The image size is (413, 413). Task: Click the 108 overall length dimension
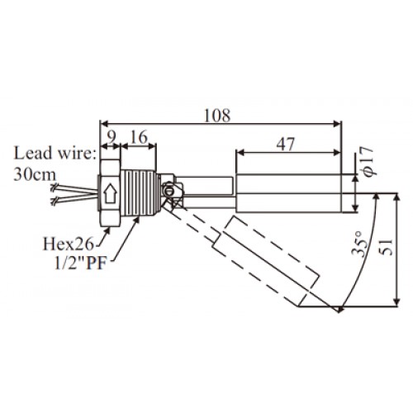click(x=217, y=116)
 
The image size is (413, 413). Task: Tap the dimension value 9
click(x=111, y=137)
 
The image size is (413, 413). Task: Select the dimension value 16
click(x=139, y=137)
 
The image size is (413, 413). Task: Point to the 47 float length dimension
click(x=286, y=144)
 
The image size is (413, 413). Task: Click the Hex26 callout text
click(x=69, y=244)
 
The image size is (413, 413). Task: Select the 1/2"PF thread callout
click(x=80, y=263)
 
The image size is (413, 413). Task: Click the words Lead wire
click(x=55, y=153)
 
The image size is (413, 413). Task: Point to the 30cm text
click(x=35, y=174)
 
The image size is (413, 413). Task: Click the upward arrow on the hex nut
click(x=110, y=193)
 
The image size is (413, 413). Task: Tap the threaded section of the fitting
click(x=140, y=193)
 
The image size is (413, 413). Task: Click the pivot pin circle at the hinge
click(x=169, y=190)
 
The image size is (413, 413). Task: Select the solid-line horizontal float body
click(x=288, y=193)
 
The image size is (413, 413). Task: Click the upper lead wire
click(x=75, y=188)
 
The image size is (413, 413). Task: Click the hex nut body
click(x=110, y=193)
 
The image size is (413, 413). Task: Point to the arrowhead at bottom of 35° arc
click(x=340, y=309)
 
